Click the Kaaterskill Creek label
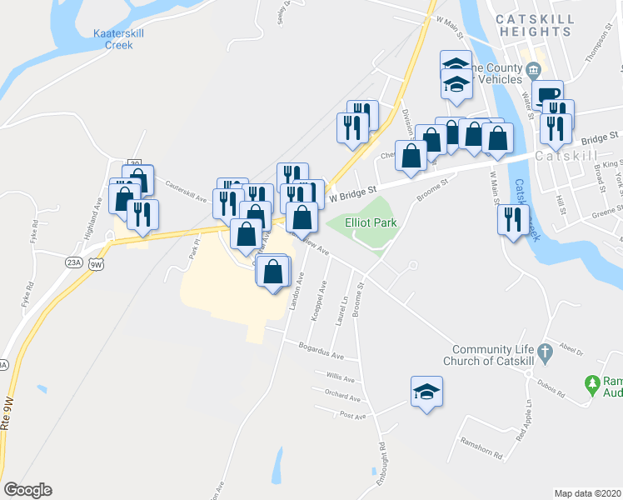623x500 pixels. pyautogui.click(x=119, y=39)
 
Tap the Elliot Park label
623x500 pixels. pyautogui.click(x=371, y=222)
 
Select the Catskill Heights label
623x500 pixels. pyautogui.click(x=532, y=25)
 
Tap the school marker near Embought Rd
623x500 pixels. pyautogui.click(x=426, y=392)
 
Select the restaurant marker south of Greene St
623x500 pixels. pyautogui.click(x=513, y=220)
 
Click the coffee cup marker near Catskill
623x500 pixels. pyautogui.click(x=548, y=95)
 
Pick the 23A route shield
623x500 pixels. pyautogui.click(x=73, y=262)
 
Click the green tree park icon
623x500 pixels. pyautogui.click(x=592, y=384)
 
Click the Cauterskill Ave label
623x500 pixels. pyautogui.click(x=186, y=192)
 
